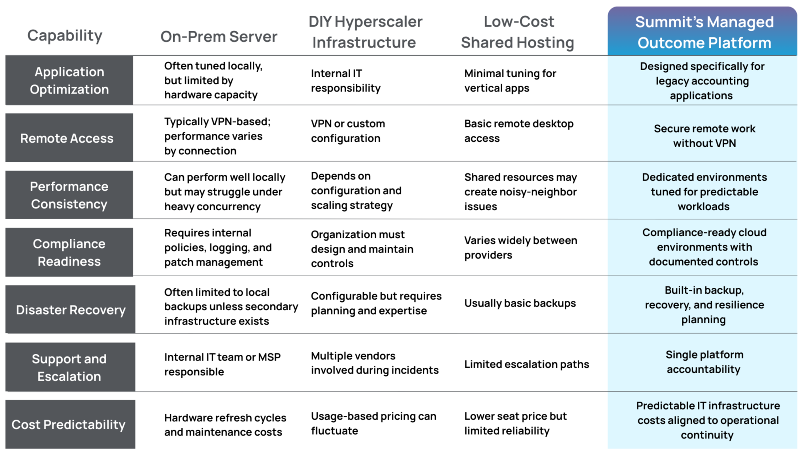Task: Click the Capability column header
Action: [x=65, y=36]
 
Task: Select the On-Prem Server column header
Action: [x=219, y=36]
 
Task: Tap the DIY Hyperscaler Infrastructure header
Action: [x=365, y=32]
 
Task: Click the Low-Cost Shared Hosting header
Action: [x=518, y=32]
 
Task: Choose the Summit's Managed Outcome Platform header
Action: [x=704, y=32]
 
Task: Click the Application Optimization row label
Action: [x=69, y=81]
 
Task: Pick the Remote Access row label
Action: [x=67, y=138]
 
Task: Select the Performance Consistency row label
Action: [x=69, y=195]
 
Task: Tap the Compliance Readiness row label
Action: [x=69, y=252]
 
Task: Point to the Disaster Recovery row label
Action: [x=71, y=310]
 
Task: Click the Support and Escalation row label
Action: [x=69, y=367]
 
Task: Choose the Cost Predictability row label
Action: [x=68, y=425]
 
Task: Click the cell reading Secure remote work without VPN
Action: [x=704, y=136]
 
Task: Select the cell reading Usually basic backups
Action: [x=520, y=303]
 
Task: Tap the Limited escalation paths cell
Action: [x=526, y=364]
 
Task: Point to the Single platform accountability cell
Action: [x=704, y=362]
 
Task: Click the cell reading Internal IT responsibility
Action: [x=345, y=81]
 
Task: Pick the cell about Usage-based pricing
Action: [x=373, y=423]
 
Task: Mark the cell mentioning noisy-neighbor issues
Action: [x=521, y=192]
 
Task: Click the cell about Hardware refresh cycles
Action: [x=225, y=425]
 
